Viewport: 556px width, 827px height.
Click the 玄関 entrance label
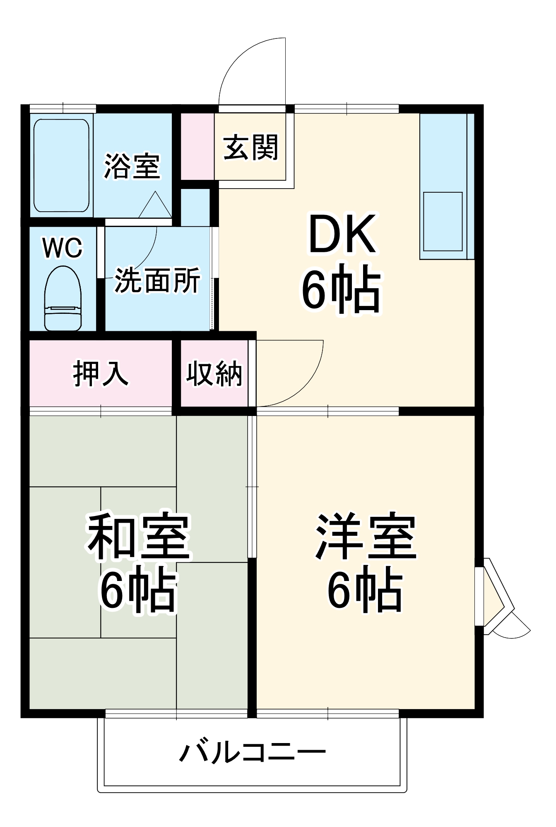point(250,147)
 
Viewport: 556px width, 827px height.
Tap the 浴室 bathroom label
point(132,167)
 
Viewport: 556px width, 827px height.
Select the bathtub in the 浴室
point(61,165)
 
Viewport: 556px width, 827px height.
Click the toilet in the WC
point(63,299)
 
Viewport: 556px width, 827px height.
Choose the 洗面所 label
point(157,280)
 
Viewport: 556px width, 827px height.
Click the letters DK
point(342,234)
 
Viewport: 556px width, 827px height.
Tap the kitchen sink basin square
point(443,221)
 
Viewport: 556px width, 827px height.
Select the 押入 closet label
point(101,374)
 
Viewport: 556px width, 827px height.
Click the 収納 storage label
point(214,374)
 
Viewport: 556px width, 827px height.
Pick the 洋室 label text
point(366,536)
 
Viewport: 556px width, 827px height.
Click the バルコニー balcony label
point(252,753)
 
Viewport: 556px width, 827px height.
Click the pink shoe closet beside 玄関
point(197,146)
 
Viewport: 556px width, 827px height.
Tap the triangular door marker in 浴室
point(155,206)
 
